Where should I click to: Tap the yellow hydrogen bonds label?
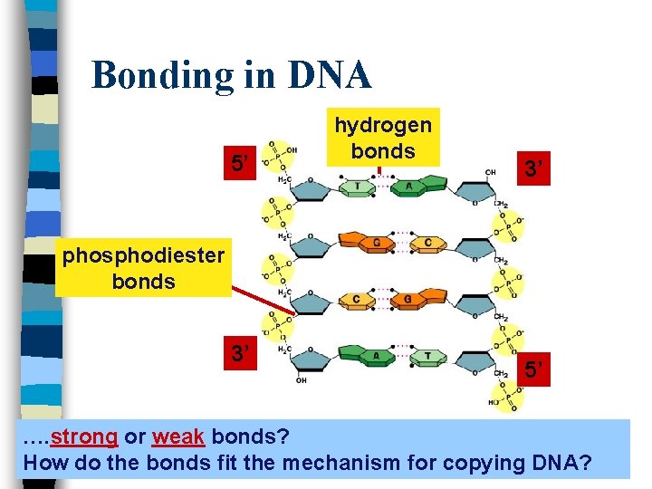[383, 137]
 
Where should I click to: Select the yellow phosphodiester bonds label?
[143, 268]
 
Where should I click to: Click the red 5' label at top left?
[240, 164]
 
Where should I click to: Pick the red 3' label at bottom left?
[240, 353]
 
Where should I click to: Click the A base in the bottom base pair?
[375, 357]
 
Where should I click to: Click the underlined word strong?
[84, 437]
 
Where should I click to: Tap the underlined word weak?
[178, 437]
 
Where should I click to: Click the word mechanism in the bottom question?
[340, 464]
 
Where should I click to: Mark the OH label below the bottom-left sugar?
[301, 381]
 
